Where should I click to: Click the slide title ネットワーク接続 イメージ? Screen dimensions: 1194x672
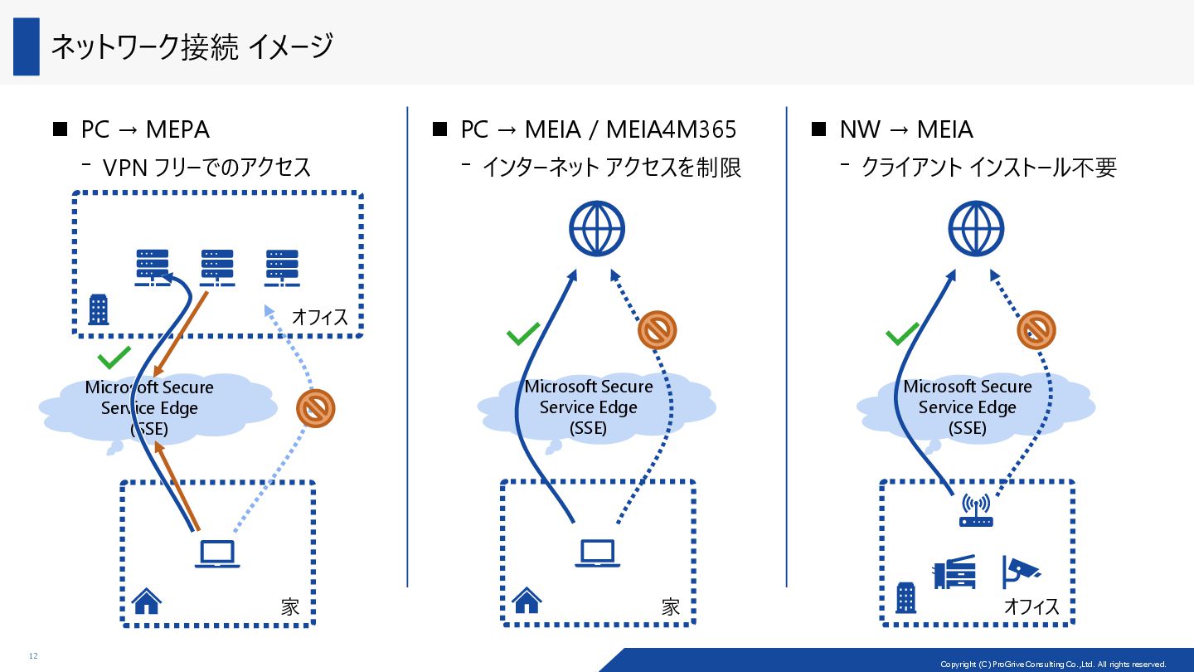point(192,46)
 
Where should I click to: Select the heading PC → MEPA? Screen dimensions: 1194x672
point(145,129)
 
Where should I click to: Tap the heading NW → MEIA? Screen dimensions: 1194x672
point(906,129)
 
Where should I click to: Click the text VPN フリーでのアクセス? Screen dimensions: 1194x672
point(206,168)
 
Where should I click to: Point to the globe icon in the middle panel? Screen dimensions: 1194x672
point(596,228)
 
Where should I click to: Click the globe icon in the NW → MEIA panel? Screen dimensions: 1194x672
point(976,228)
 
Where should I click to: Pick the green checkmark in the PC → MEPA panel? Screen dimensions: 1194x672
point(114,358)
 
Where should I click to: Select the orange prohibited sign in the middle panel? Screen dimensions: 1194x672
point(658,330)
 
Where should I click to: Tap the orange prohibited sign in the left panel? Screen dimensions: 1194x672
point(316,409)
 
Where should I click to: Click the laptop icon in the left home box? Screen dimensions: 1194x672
point(217,554)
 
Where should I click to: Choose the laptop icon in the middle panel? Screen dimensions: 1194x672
point(597,553)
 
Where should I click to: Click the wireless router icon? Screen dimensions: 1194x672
point(976,510)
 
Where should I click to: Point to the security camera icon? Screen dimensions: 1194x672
point(1021,572)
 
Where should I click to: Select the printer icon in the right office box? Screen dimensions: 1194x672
point(954,572)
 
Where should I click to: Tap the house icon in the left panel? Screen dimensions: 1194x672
point(147,601)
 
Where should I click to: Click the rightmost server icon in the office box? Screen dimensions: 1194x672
point(282,268)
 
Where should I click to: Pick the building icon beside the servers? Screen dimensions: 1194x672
point(99,309)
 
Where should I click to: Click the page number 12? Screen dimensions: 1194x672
point(33,656)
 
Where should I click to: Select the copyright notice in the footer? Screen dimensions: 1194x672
point(1053,665)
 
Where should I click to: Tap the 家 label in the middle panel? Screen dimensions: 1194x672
point(671,607)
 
